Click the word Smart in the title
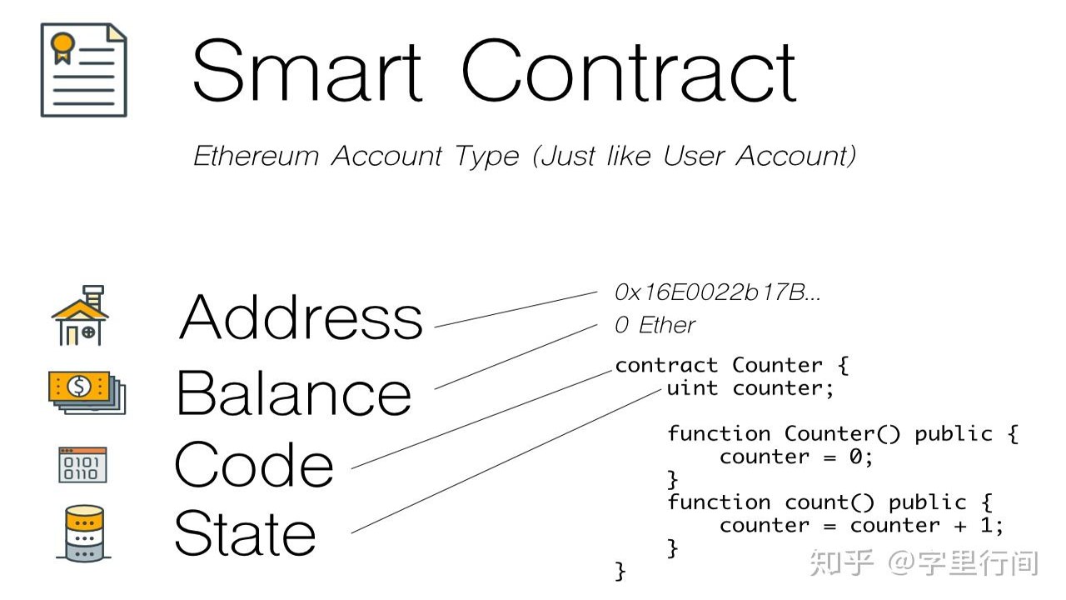(x=307, y=71)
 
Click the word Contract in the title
(x=629, y=71)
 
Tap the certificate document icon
(x=84, y=69)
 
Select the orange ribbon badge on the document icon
(x=62, y=47)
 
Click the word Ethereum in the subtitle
(x=256, y=156)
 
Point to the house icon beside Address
(x=80, y=315)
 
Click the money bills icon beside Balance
(x=87, y=392)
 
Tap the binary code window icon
(x=82, y=465)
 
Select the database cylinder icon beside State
(x=84, y=533)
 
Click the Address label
(x=301, y=316)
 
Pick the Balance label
(x=294, y=392)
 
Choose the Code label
(x=254, y=464)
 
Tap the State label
(x=245, y=532)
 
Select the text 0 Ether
(x=655, y=325)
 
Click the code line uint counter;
(x=750, y=388)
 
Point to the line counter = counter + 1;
(x=861, y=526)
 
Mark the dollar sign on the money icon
(x=79, y=386)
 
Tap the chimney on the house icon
(x=93, y=296)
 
